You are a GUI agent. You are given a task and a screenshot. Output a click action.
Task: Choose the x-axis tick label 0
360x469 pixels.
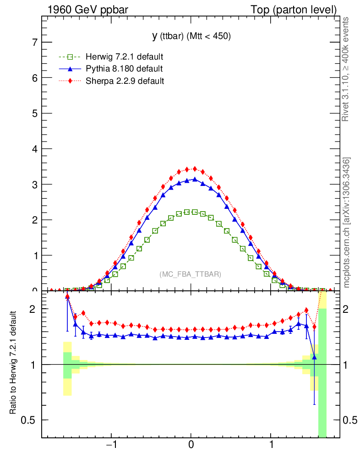click(x=191, y=445)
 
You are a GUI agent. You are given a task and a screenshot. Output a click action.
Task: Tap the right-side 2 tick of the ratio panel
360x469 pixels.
click(x=349, y=309)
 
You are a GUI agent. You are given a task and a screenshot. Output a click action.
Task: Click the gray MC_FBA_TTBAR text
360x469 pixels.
click(x=191, y=274)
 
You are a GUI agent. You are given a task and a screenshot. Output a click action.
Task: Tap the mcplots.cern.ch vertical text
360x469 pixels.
click(x=347, y=223)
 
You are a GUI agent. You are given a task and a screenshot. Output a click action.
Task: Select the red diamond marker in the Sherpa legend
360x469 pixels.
click(x=70, y=81)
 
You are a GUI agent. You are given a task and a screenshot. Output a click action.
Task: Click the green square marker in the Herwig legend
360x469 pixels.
click(x=70, y=57)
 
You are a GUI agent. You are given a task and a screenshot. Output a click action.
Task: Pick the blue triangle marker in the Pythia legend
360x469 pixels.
click(x=70, y=69)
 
